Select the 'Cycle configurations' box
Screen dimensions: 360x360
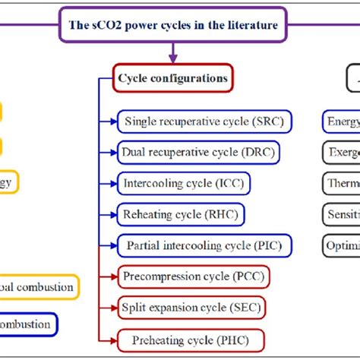172,77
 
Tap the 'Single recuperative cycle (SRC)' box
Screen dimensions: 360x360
205,121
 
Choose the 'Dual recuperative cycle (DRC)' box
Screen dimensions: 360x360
198,152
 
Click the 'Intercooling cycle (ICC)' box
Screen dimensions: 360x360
185,183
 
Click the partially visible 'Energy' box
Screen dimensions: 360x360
340,121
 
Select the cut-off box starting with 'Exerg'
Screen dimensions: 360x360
340,152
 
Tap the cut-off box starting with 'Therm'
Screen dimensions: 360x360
340,183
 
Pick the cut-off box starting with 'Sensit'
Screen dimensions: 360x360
340,215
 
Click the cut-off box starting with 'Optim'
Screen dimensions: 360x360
340,246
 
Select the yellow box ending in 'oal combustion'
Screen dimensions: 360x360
38,287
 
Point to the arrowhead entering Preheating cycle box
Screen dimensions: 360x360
114,339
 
